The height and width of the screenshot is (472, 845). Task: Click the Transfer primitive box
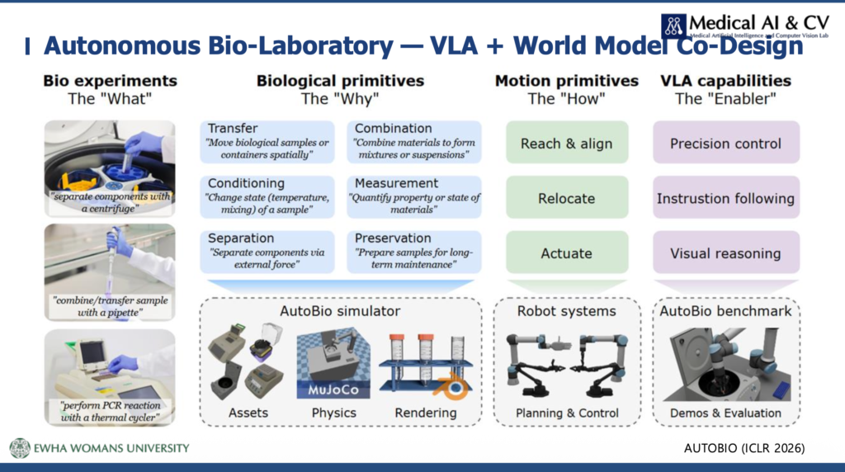pyautogui.click(x=267, y=142)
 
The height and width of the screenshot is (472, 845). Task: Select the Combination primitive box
pyautogui.click(x=414, y=142)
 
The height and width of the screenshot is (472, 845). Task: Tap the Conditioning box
pyautogui.click(x=267, y=196)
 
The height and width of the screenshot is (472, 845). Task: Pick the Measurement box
pyautogui.click(x=414, y=196)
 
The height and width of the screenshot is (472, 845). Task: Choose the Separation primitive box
pyautogui.click(x=267, y=252)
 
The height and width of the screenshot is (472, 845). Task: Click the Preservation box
pyautogui.click(x=414, y=252)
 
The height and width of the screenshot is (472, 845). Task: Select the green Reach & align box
pyautogui.click(x=567, y=142)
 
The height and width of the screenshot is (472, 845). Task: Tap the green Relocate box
pyautogui.click(x=567, y=197)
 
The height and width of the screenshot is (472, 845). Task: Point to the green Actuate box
pyautogui.click(x=567, y=253)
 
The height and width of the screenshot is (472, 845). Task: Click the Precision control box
pyautogui.click(x=726, y=142)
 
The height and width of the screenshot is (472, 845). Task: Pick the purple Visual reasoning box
pyautogui.click(x=726, y=253)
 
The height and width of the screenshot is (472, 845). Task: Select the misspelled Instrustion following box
pyautogui.click(x=726, y=197)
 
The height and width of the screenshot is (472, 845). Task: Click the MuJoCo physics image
pyautogui.click(x=333, y=363)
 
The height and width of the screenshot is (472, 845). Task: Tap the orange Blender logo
pyautogui.click(x=451, y=386)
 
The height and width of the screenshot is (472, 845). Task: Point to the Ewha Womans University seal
pyautogui.click(x=20, y=448)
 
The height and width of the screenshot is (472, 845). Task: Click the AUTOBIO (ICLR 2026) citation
pyautogui.click(x=744, y=448)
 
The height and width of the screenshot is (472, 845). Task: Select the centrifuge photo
pyautogui.click(x=110, y=168)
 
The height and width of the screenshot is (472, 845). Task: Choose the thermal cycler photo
pyautogui.click(x=110, y=378)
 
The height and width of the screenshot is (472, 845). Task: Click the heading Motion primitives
pyautogui.click(x=567, y=81)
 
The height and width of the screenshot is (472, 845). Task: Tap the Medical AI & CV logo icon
pyautogui.click(x=673, y=26)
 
